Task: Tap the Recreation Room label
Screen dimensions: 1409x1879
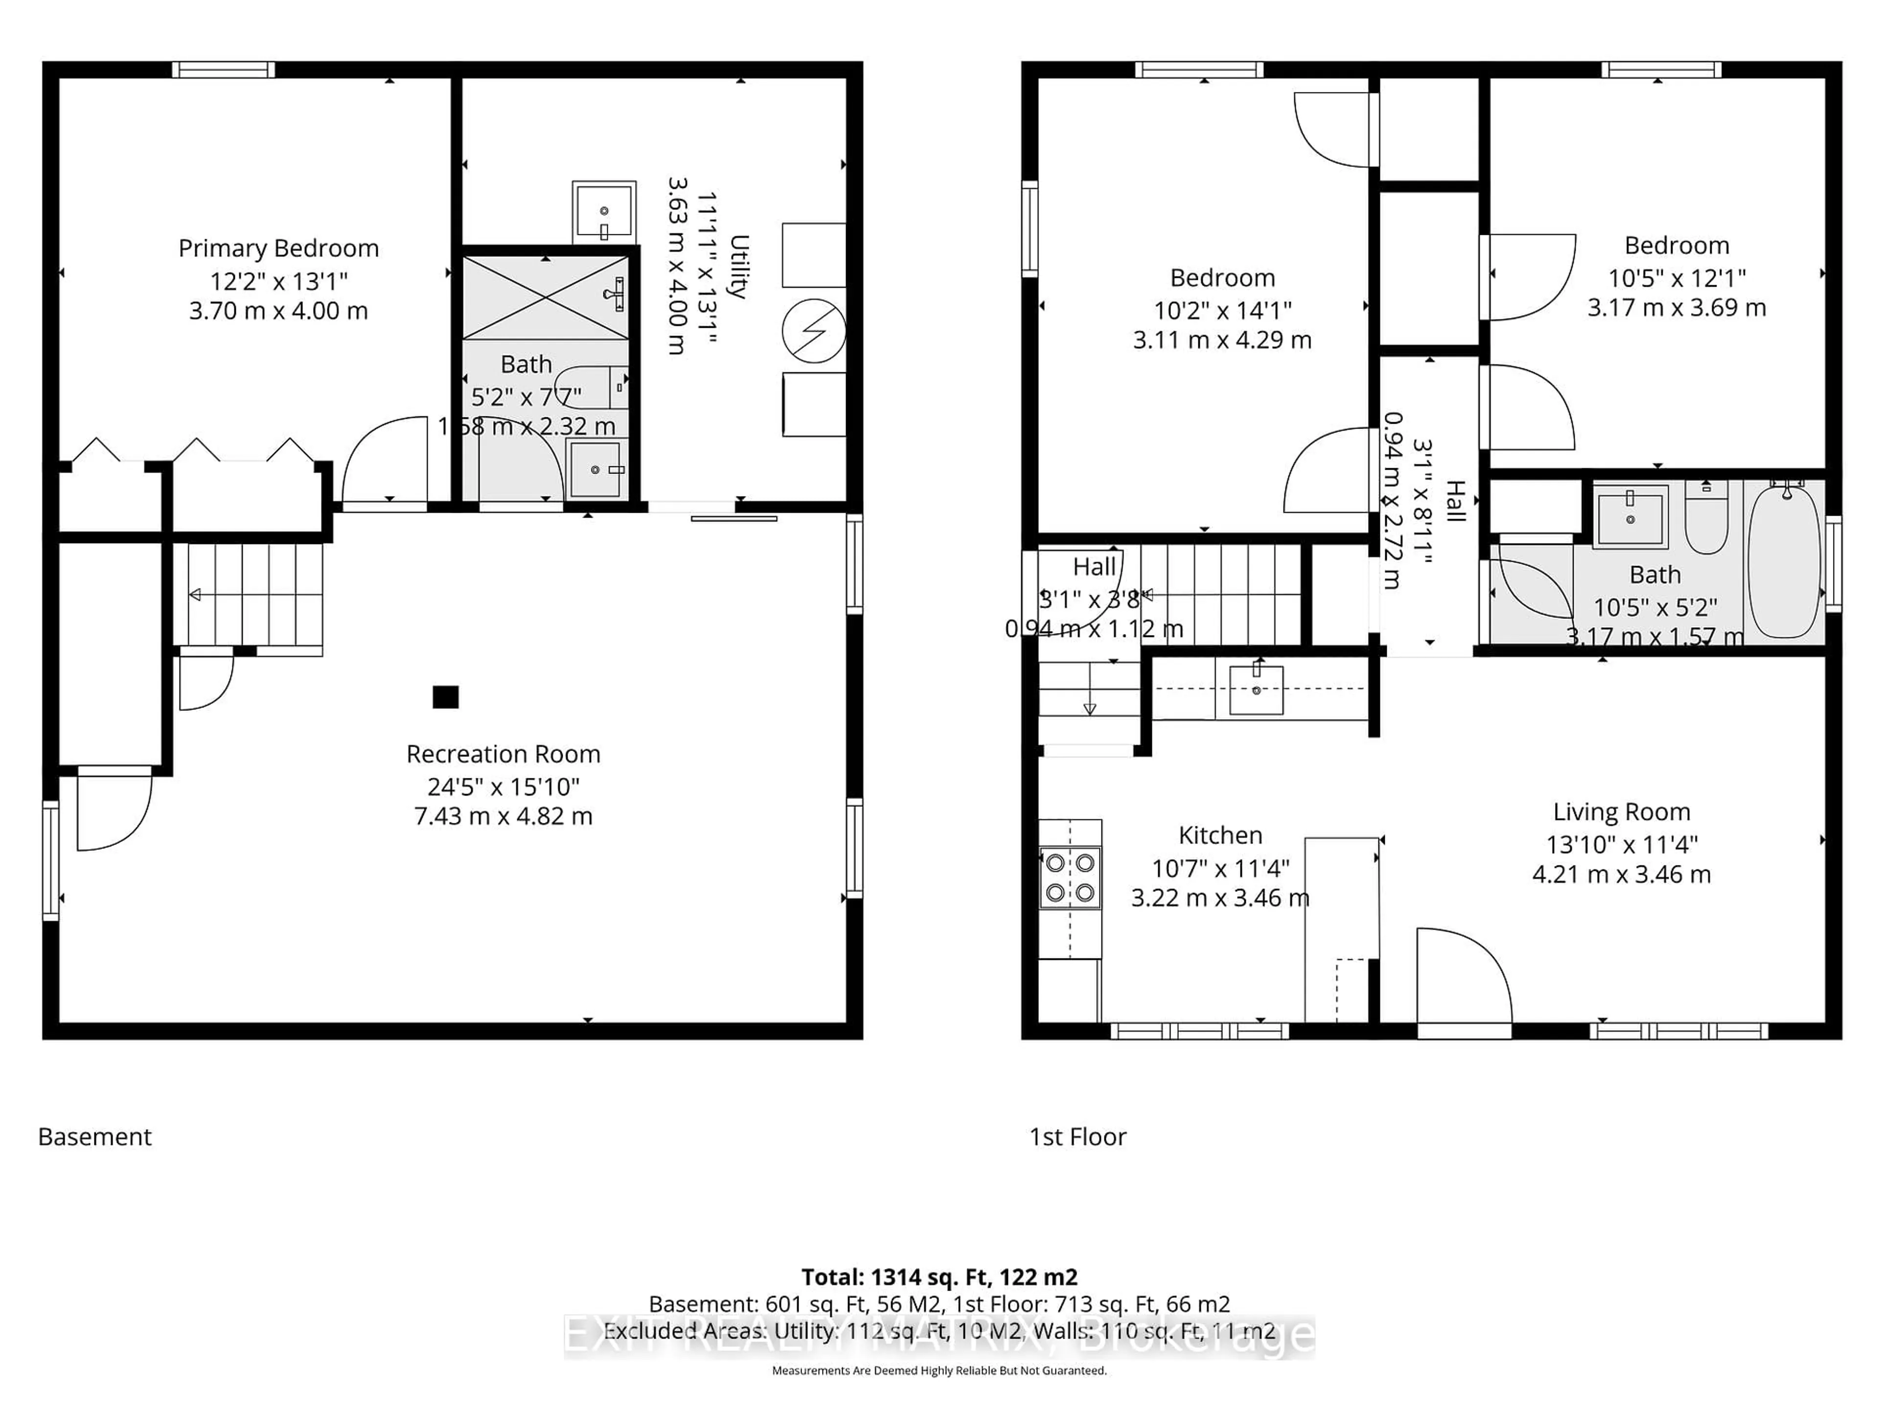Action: (x=503, y=754)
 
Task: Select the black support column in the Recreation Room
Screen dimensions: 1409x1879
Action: (x=445, y=697)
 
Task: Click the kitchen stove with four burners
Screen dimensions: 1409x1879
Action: (x=1070, y=877)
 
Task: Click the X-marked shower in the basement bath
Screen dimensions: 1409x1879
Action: (x=546, y=297)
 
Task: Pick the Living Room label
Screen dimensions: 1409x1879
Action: (x=1621, y=812)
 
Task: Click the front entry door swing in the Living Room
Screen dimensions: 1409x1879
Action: (x=1463, y=977)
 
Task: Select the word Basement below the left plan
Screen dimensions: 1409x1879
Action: (x=94, y=1137)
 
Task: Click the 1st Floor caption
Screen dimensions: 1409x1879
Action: (x=1077, y=1137)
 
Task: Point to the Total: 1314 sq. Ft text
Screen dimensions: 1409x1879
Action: (x=939, y=1276)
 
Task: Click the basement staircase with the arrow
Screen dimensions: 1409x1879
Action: (x=248, y=594)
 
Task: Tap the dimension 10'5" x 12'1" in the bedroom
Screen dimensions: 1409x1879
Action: (x=1676, y=278)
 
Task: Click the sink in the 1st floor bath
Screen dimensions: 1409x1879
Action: (x=1629, y=516)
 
